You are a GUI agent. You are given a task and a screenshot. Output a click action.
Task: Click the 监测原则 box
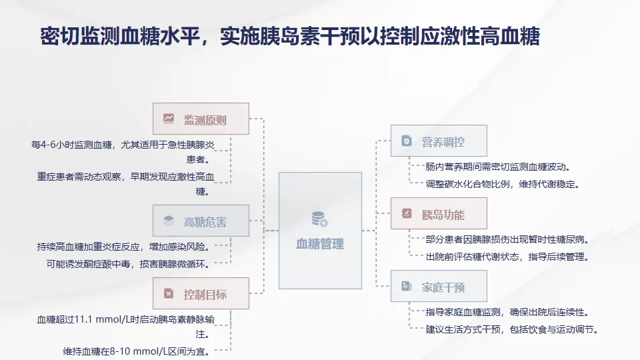coord(201,119)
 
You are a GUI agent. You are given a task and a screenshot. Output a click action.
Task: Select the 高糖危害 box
coord(201,221)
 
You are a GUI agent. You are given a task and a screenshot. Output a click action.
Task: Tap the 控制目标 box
coord(201,294)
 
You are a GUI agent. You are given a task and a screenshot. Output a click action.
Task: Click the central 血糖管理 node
coord(320,231)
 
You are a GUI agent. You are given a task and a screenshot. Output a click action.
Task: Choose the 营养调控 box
coord(439,141)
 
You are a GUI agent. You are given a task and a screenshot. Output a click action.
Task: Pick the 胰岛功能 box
coord(439,214)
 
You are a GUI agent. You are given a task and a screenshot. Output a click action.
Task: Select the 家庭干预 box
coord(439,287)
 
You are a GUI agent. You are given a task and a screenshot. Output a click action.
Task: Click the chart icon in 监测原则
coord(169,119)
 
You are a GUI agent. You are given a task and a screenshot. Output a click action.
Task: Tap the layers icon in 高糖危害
coord(169,221)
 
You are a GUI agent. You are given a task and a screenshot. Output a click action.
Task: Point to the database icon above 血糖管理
coord(319,219)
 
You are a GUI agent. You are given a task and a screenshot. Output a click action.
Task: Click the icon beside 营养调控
coord(406,141)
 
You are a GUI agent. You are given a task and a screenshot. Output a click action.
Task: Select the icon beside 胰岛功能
coord(406,214)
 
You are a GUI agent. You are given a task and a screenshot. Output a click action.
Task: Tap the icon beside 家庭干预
coord(406,287)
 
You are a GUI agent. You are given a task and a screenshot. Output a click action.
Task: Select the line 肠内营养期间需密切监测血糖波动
coord(498,167)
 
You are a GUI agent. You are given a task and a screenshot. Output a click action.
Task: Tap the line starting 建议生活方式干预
coord(512,329)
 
